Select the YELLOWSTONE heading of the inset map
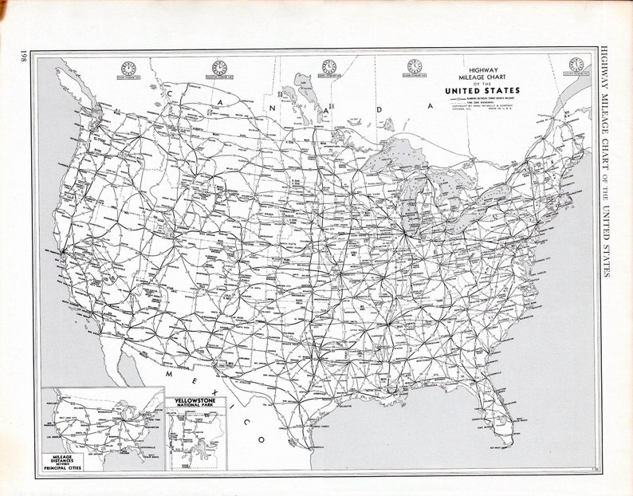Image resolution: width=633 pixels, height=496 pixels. [x=195, y=400]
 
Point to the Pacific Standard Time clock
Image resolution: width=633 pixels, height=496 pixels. [x=128, y=69]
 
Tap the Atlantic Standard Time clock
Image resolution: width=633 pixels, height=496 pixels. [x=576, y=65]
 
